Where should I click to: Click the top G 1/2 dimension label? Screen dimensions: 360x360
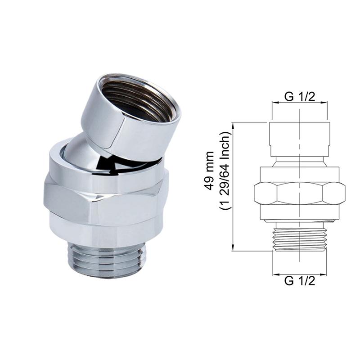click(x=300, y=97)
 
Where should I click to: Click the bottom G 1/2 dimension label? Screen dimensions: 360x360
click(x=300, y=280)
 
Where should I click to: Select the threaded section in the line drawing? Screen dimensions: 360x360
click(x=300, y=239)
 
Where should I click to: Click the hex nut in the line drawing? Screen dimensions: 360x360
click(x=300, y=193)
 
